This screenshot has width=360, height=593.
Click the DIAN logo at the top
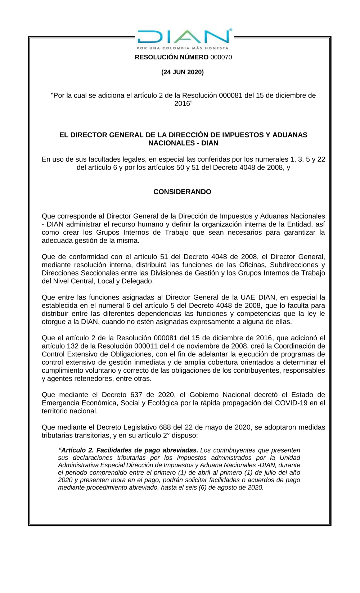(183, 37)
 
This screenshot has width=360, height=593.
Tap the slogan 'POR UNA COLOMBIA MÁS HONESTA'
(183, 48)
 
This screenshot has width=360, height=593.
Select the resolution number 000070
(221, 57)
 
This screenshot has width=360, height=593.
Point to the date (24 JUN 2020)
(183, 72)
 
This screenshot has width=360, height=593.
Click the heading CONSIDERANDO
(182, 192)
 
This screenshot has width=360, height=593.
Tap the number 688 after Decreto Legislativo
(165, 427)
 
